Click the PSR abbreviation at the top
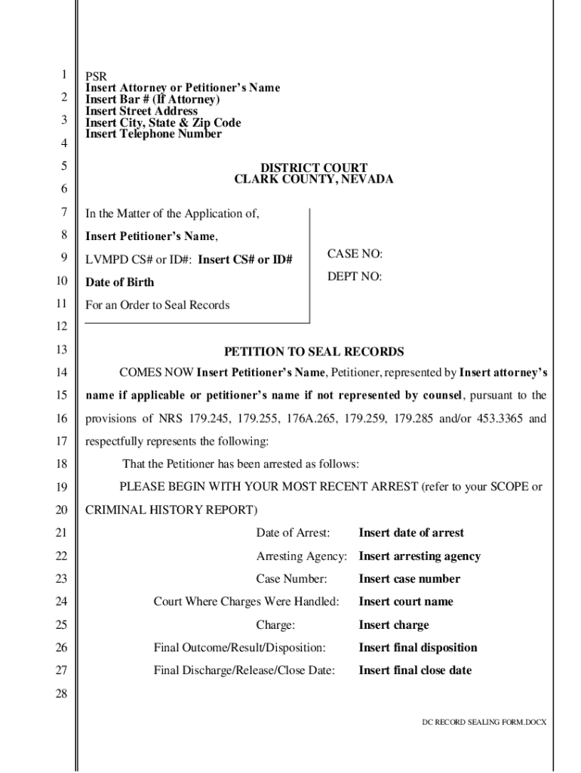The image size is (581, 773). click(96, 76)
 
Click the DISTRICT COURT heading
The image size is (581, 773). click(314, 168)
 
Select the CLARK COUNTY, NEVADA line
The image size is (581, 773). click(314, 180)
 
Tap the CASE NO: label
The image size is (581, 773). click(355, 254)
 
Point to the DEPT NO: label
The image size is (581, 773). click(355, 277)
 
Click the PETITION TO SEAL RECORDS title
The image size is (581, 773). click(314, 352)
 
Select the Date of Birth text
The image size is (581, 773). click(119, 282)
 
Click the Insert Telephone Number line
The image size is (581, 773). click(153, 134)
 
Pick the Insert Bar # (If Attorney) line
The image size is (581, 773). click(152, 100)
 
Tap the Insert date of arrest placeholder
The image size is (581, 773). click(411, 533)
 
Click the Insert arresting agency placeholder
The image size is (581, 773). click(420, 556)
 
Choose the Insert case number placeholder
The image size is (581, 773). click(409, 579)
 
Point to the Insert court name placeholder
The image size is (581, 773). click(406, 602)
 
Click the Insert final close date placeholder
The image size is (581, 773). click(415, 670)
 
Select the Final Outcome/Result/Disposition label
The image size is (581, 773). click(240, 648)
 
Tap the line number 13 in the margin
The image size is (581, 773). click(62, 350)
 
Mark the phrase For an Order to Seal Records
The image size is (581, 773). click(157, 305)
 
